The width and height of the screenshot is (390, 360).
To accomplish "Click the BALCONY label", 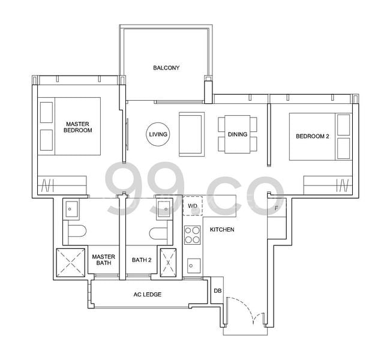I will click(x=166, y=68).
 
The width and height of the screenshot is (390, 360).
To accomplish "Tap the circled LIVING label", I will click(x=158, y=134).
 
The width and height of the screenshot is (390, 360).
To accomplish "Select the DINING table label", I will click(x=238, y=134).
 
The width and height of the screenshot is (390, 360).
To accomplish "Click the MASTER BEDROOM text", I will click(x=79, y=127).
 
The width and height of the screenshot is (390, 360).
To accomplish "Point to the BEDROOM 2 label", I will click(x=312, y=136).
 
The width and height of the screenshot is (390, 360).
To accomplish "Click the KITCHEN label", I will click(x=222, y=230).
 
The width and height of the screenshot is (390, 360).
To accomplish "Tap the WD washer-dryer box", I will click(x=193, y=206).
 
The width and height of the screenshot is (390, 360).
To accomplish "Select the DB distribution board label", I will click(x=217, y=291).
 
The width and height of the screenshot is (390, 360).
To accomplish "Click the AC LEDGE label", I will click(x=147, y=295).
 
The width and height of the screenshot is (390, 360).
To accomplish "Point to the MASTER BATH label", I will click(x=103, y=260).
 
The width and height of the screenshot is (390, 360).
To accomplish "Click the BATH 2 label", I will click(x=142, y=260).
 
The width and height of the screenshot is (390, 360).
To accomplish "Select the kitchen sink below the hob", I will click(x=193, y=264).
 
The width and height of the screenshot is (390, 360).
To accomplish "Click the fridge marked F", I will click(x=275, y=209).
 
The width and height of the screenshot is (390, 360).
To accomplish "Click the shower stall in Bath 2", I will click(x=168, y=262).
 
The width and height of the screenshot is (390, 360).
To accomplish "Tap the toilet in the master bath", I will click(x=76, y=230).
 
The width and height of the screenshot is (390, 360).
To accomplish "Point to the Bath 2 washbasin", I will click(x=164, y=208).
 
